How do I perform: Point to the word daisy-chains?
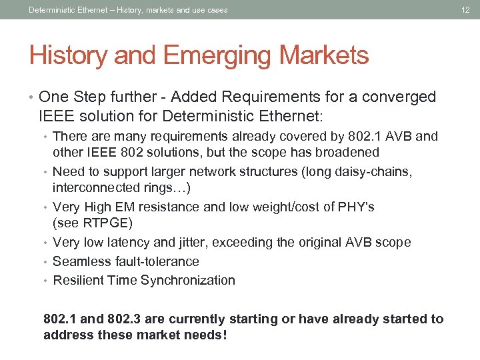coord(375,171)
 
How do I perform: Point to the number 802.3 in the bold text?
coord(129,319)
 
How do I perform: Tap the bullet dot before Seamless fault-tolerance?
coord(46,261)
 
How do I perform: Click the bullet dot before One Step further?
coord(33,97)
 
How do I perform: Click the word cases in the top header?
coord(215,10)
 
